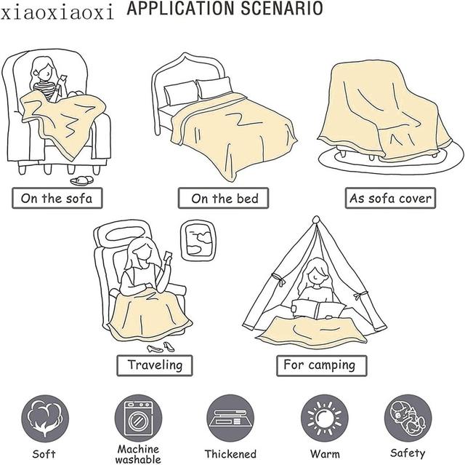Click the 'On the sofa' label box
57,198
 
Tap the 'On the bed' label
225,198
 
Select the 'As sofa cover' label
390,198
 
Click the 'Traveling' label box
155,364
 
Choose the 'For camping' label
319,364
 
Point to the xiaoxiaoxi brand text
58,12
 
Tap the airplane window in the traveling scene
197,241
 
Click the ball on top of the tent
315,220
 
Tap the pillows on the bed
197,91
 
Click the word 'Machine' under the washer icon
138,449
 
